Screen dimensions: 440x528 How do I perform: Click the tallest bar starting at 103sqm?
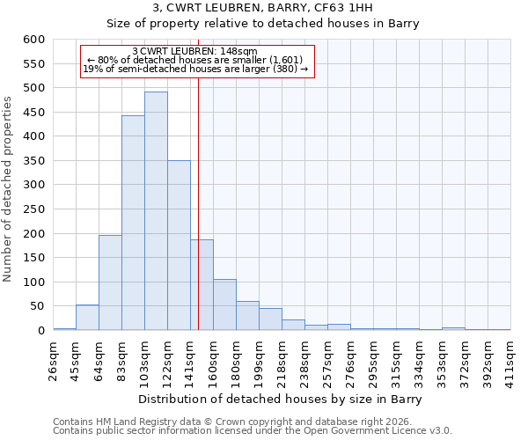(x=156, y=211)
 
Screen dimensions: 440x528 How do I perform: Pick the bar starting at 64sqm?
(x=110, y=282)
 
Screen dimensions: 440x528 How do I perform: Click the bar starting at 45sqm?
(x=87, y=318)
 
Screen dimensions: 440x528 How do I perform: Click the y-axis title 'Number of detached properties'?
(x=9, y=190)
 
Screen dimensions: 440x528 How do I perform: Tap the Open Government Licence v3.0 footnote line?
(x=253, y=431)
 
